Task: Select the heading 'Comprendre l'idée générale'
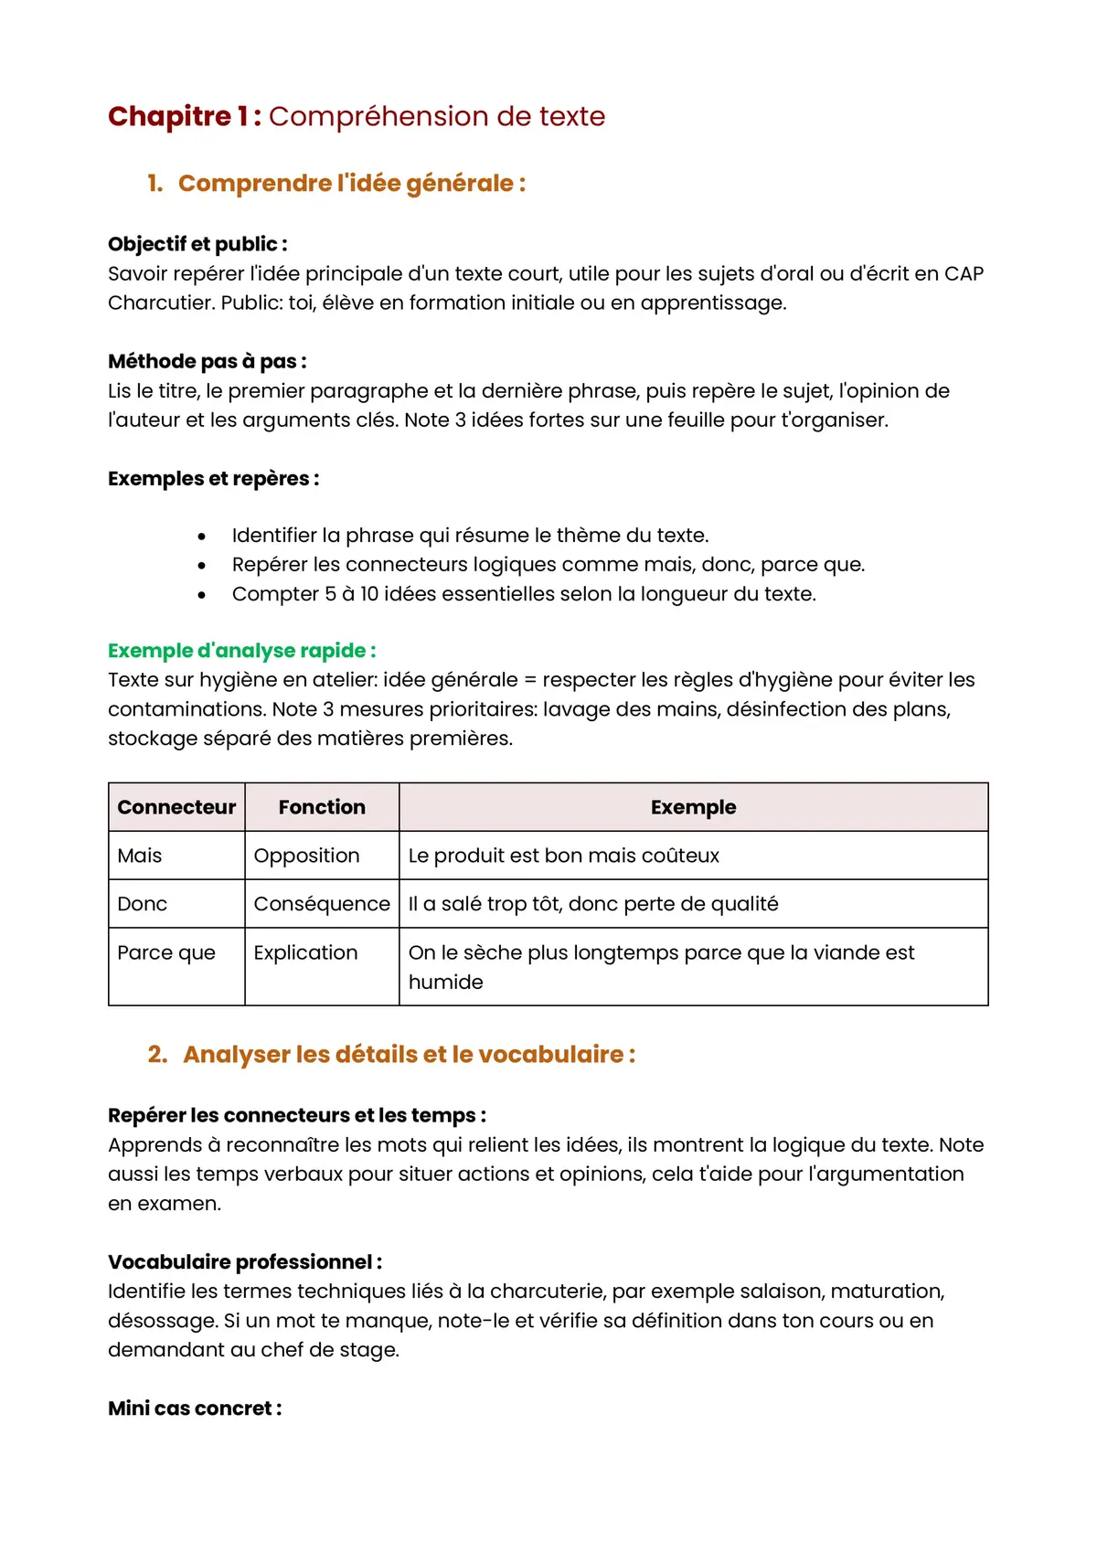click(x=351, y=184)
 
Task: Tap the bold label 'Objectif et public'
click(x=197, y=244)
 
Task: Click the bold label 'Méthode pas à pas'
click(x=207, y=361)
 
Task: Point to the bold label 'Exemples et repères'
click(x=213, y=479)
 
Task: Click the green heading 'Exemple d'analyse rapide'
click(x=241, y=651)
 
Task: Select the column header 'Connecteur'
click(x=176, y=807)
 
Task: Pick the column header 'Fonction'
click(x=322, y=807)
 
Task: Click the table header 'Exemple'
click(x=693, y=807)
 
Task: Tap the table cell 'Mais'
click(x=140, y=856)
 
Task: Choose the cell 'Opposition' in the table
click(x=306, y=856)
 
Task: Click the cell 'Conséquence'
click(x=322, y=904)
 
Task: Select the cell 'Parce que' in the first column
click(x=166, y=952)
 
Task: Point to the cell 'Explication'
click(x=305, y=952)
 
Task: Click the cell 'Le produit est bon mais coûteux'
click(x=563, y=856)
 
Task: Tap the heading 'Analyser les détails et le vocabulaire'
click(x=409, y=1055)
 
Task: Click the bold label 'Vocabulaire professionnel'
click(x=244, y=1262)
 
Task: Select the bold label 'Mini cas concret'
click(x=194, y=1408)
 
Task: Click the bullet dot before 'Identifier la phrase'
click(x=202, y=537)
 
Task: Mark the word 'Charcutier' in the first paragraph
click(x=161, y=303)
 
